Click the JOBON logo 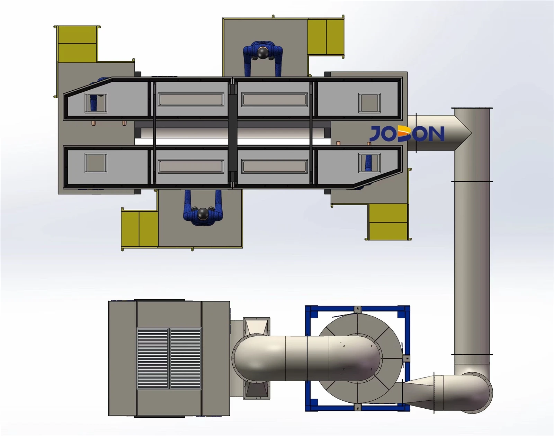pos(407,133)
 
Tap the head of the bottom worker pos(203,214)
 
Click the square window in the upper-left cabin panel pos(96,103)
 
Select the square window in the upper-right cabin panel pos(369,103)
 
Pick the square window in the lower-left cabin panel pos(96,163)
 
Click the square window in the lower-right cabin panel pos(369,163)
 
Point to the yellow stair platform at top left pos(77,44)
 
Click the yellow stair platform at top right pos(326,37)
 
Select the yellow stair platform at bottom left pos(140,229)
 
